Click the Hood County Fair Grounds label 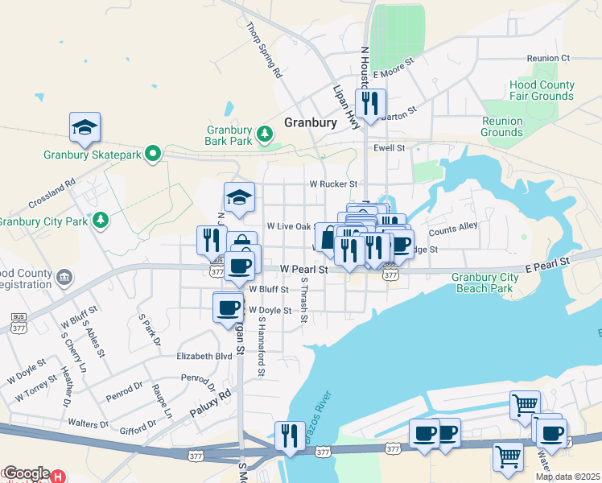pyautogui.click(x=541, y=90)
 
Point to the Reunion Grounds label pyautogui.click(x=501, y=126)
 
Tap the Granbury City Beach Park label pyautogui.click(x=483, y=283)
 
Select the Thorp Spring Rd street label pyautogui.click(x=265, y=50)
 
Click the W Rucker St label pyautogui.click(x=333, y=184)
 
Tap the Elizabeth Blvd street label pyautogui.click(x=204, y=355)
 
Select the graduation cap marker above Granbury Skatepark pyautogui.click(x=85, y=127)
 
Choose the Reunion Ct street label pyautogui.click(x=548, y=58)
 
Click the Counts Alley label pyautogui.click(x=453, y=229)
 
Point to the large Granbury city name pyautogui.click(x=310, y=122)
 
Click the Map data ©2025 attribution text pyautogui.click(x=567, y=477)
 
